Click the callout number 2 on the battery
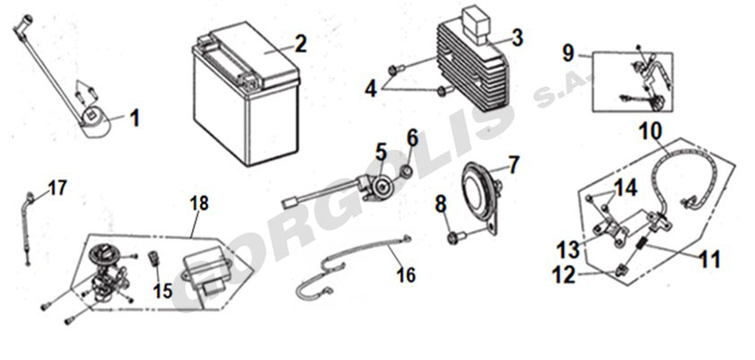[x=300, y=44]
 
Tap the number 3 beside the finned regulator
[x=517, y=38]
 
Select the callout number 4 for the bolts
[x=370, y=90]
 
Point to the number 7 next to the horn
[x=514, y=165]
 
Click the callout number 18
[x=199, y=203]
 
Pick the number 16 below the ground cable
[x=406, y=276]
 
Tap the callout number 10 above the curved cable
[x=651, y=130]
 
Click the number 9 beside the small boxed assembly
[x=568, y=54]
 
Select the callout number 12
[x=564, y=276]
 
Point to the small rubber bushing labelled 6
[x=407, y=171]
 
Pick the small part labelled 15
[x=155, y=258]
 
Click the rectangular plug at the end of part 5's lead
[x=290, y=203]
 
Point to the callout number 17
[x=57, y=189]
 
